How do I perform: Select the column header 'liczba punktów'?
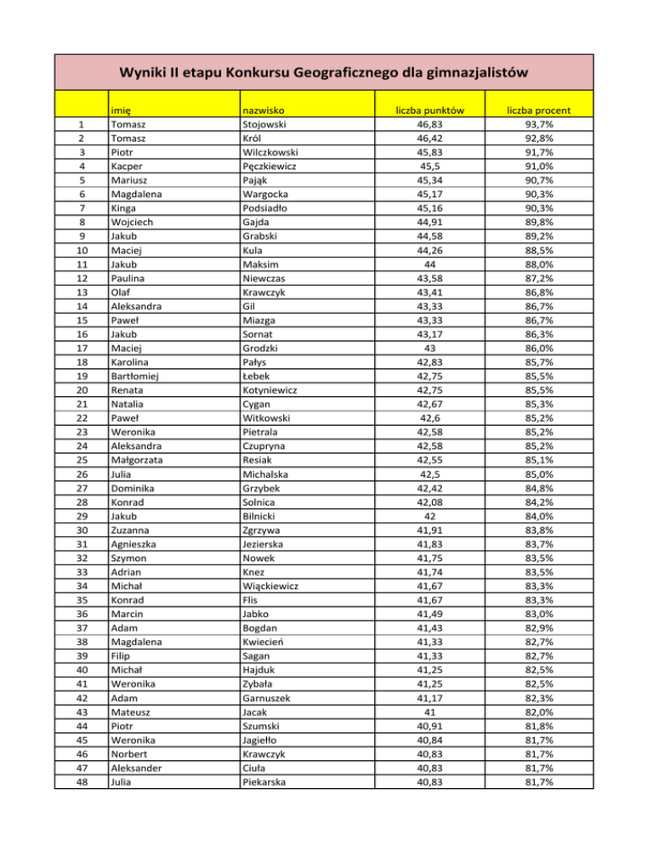(429, 110)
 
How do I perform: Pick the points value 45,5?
(429, 167)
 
